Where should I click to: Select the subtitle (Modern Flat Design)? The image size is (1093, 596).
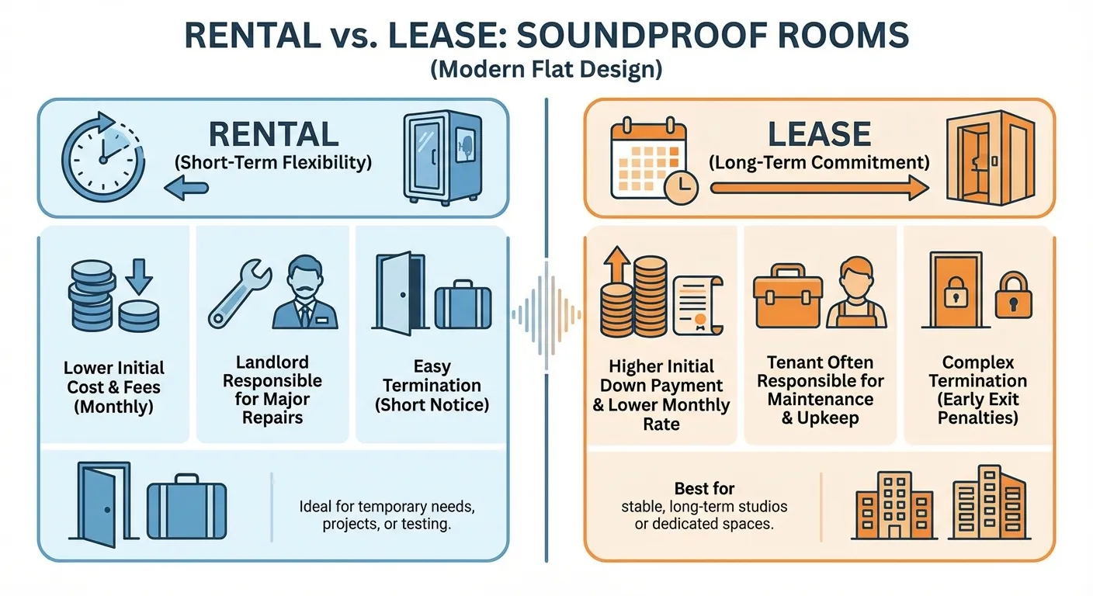point(546,70)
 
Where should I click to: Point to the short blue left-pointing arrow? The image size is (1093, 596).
point(187,187)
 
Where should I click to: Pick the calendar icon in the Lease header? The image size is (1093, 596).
point(650,154)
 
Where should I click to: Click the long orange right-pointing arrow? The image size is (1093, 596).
point(819,187)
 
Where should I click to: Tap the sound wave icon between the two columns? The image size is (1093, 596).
point(546,313)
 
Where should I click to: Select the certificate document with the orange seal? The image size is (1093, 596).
point(697,304)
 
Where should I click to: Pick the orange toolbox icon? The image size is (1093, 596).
point(787,296)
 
